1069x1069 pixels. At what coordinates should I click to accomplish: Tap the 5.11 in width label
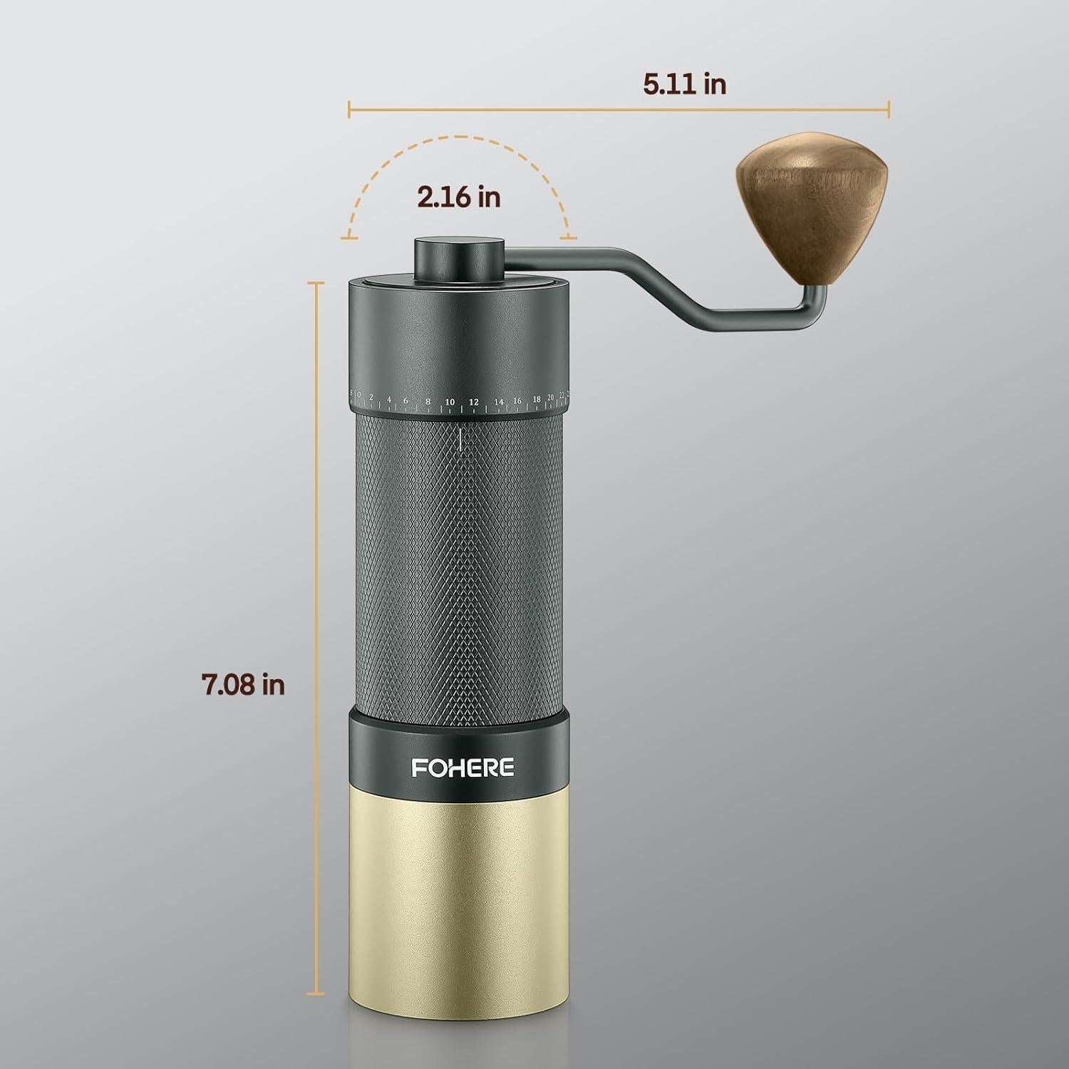(684, 84)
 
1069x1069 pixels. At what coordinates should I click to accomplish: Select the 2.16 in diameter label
(459, 197)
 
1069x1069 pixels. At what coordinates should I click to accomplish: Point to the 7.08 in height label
(243, 684)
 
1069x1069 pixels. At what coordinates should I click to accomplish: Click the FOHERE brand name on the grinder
(462, 767)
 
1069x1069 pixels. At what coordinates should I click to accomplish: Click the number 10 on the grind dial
(450, 403)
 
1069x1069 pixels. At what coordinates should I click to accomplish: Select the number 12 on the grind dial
(473, 403)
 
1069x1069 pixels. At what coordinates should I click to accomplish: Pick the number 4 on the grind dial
(389, 399)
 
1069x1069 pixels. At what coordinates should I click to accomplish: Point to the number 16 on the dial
(517, 401)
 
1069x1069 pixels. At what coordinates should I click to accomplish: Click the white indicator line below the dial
(461, 438)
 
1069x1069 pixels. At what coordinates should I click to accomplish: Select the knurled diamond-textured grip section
(460, 570)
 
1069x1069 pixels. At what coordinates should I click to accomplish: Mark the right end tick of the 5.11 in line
(889, 109)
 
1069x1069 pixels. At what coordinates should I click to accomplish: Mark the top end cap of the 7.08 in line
(315, 282)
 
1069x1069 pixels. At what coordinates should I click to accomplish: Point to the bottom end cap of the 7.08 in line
(315, 993)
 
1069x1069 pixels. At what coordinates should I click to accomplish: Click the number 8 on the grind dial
(428, 402)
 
